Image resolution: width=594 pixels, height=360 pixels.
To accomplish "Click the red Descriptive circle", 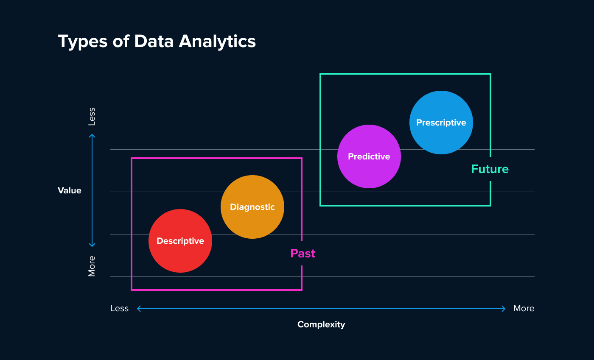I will [x=180, y=241].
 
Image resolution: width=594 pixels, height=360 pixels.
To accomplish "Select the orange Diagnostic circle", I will [x=252, y=207].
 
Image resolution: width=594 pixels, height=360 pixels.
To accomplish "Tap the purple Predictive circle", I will [x=369, y=156].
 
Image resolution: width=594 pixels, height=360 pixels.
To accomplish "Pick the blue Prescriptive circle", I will [x=441, y=123].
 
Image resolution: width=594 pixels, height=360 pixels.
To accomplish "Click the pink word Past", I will [x=303, y=254].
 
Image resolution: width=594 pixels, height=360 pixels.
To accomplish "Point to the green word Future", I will [x=490, y=169].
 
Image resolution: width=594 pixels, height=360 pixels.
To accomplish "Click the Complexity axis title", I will [x=321, y=324].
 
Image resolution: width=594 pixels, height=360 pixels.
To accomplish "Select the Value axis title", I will [x=70, y=190].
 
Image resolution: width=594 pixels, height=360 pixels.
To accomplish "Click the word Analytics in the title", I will [x=217, y=42].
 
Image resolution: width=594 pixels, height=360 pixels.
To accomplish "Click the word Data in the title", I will [x=154, y=42].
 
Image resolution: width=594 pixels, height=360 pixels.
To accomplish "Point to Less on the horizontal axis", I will [x=119, y=308].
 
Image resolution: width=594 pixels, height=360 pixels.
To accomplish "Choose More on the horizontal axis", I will [x=524, y=308].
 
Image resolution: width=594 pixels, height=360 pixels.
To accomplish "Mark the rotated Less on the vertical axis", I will [x=92, y=117].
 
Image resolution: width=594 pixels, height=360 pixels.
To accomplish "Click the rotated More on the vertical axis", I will [x=92, y=266].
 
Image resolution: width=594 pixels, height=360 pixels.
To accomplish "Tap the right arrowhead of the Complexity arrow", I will [x=504, y=309].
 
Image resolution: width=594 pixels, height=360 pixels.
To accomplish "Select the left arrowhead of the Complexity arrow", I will [x=139, y=309].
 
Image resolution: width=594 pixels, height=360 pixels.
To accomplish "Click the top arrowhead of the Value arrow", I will [x=92, y=136].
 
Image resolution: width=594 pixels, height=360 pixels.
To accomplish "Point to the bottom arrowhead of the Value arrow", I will [x=92, y=245].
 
